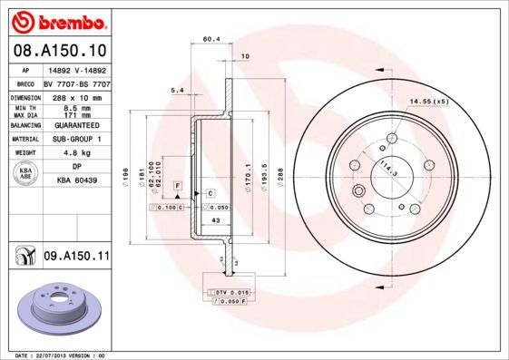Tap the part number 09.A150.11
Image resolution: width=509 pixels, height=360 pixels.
point(75,257)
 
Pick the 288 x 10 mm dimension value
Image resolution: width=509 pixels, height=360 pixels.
point(73,96)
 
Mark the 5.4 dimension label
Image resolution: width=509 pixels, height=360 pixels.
point(178,90)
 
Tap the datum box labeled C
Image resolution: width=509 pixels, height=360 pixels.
point(209,194)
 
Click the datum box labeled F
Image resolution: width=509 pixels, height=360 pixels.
point(178,185)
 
